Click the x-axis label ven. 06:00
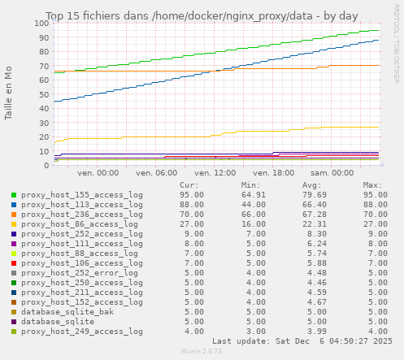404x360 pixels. click(157, 173)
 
